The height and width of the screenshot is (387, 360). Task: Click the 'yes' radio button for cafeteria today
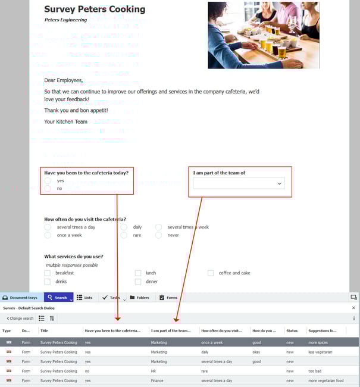48,180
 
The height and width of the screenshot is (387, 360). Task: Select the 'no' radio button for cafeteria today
48,188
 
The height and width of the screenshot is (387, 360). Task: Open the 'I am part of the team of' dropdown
239,184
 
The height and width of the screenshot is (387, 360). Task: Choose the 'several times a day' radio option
48,227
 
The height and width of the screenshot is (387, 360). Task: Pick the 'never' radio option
159,235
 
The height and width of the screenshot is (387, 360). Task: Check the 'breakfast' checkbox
48,273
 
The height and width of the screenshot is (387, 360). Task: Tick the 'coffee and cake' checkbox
211,273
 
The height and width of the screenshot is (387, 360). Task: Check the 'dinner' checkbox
138,282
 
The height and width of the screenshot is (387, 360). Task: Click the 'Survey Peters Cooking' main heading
94,10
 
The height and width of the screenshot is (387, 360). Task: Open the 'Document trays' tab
20,298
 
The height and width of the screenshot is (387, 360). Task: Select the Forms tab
168,298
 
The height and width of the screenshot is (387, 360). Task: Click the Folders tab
139,298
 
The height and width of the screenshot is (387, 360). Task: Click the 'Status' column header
292,330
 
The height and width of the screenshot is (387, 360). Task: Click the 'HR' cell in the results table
154,371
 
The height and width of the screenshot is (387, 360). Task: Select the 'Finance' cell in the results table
157,380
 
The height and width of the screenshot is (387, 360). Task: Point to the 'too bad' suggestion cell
315,371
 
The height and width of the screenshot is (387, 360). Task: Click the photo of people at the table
263,35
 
